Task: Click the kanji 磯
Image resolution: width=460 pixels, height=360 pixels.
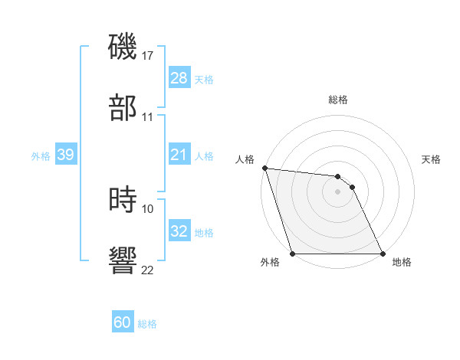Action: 123,47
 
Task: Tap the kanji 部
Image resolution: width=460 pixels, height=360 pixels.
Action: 123,107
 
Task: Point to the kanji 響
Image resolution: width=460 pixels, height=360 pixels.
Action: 123,260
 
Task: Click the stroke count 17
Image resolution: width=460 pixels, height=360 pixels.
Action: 148,56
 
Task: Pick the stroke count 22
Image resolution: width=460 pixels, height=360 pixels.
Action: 148,270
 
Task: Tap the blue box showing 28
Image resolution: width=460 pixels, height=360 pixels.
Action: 179,78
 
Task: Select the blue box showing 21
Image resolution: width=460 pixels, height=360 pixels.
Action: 179,155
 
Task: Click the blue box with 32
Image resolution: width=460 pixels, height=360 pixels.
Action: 179,231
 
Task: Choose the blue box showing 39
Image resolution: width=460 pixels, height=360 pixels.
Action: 66,155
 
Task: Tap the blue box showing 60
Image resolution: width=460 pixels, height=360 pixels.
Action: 123,322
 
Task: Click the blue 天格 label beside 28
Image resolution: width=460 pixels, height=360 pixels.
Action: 204,79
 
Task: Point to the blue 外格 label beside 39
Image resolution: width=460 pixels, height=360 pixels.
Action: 41,155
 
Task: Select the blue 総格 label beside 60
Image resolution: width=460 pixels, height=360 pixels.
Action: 147,323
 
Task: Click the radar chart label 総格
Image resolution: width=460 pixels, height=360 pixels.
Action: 337,100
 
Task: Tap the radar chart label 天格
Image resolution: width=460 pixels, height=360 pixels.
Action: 431,159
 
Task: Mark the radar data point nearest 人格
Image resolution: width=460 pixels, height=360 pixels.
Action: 264,168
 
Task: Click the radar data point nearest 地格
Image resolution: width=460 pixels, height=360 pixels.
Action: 382,254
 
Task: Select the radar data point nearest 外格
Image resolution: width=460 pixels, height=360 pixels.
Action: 293,254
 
